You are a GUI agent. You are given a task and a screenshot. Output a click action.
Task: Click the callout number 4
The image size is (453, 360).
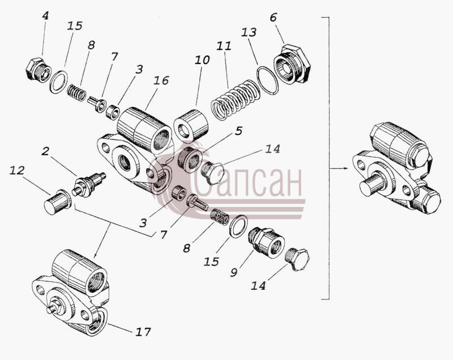tap(45, 16)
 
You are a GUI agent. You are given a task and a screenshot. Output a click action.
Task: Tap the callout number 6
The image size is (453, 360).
tap(273, 18)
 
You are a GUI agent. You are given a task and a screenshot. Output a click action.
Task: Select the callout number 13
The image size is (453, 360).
tap(249, 32)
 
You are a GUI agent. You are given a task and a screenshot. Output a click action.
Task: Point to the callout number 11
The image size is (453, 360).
tap(224, 46)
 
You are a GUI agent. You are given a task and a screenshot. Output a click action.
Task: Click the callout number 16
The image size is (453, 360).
tap(161, 80)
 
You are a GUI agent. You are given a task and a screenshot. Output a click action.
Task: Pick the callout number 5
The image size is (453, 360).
tap(238, 131)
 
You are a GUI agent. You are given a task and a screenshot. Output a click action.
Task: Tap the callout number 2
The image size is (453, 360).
tap(45, 151)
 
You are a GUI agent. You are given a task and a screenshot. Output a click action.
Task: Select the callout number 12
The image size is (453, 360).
tap(17, 170)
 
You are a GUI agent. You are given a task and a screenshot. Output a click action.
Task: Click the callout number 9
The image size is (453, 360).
tap(234, 272)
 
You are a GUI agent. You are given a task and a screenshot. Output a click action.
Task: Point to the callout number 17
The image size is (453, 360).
tap(143, 332)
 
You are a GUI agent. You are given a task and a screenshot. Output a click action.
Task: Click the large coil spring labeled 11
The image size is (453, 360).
tap(236, 100)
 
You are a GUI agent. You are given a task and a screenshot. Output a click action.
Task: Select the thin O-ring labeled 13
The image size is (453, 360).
tap(267, 80)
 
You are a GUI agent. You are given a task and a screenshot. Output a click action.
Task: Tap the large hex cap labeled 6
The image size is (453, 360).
tap(292, 63)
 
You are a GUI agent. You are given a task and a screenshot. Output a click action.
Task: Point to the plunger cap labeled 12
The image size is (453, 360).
tap(58, 202)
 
